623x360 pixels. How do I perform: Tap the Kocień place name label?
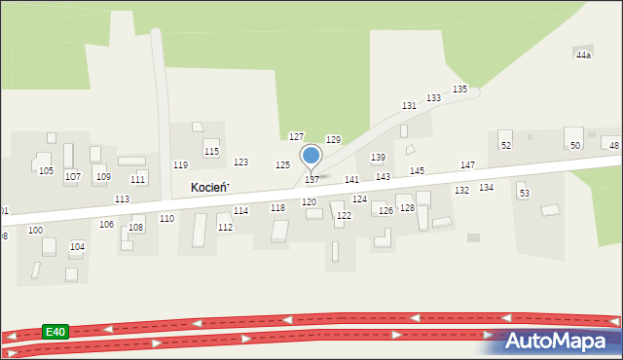[209, 187]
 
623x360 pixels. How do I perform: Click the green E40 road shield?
[55, 332]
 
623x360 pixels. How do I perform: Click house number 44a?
[583, 55]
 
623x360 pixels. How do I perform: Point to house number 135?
[459, 90]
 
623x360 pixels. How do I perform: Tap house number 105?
[46, 171]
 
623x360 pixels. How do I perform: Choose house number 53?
[524, 194]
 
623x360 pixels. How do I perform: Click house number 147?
[468, 165]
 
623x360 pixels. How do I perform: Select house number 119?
[180, 165]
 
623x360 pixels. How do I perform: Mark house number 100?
[35, 231]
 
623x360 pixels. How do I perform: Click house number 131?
[410, 105]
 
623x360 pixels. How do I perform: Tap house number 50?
[575, 145]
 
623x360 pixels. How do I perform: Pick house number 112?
[225, 228]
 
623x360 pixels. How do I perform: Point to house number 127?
[297, 136]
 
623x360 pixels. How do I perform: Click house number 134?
[486, 187]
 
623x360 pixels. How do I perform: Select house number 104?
[77, 247]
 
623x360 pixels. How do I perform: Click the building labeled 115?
[211, 150]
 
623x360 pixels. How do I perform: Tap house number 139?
[378, 157]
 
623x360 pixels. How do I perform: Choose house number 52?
[506, 145]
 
